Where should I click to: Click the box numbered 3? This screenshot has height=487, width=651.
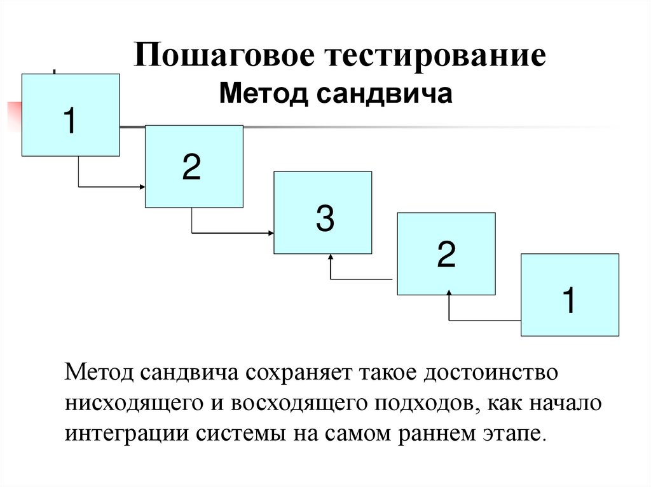(322, 213)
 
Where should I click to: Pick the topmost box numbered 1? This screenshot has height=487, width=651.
(70, 115)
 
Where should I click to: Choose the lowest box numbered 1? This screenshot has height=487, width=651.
(570, 295)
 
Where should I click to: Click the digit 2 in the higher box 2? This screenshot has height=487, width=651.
(192, 167)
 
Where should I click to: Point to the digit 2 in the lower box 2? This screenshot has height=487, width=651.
(445, 255)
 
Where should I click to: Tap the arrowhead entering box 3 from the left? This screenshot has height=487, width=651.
(270, 233)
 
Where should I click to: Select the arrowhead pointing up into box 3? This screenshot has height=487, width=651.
(331, 257)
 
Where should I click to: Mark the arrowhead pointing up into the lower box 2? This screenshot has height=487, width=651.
(449, 294)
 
